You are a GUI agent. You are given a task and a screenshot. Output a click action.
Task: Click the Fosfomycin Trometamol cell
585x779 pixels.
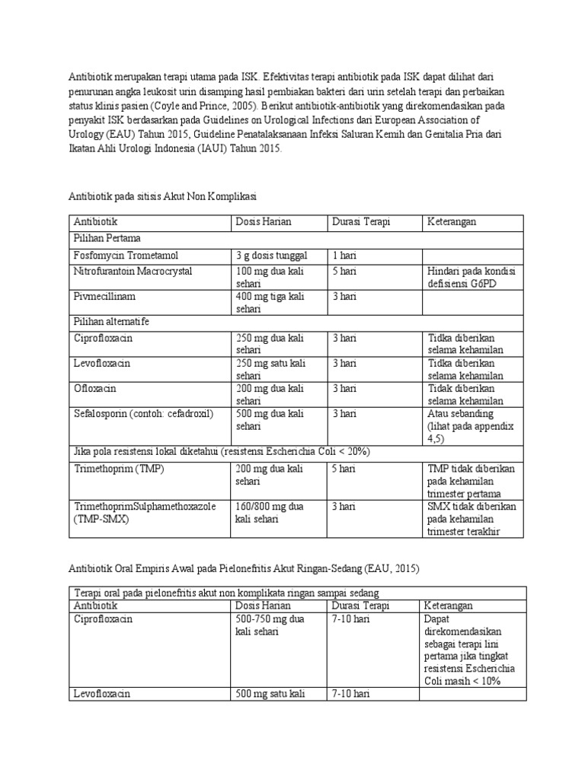(126, 256)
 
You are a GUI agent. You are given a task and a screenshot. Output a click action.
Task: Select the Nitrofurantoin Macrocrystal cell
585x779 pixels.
(133, 272)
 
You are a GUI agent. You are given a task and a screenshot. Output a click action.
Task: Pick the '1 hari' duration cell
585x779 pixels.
(344, 256)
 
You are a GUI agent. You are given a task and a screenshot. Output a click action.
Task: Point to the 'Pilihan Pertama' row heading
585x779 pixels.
(107, 238)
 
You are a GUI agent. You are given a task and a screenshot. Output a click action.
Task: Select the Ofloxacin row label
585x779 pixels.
(95, 389)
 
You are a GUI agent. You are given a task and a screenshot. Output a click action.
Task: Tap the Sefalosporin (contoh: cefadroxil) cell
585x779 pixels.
(143, 414)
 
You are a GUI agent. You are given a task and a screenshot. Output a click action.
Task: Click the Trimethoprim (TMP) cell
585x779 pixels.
(119, 469)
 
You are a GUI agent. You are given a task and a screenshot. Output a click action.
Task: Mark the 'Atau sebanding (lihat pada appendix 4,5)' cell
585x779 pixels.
(472, 426)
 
